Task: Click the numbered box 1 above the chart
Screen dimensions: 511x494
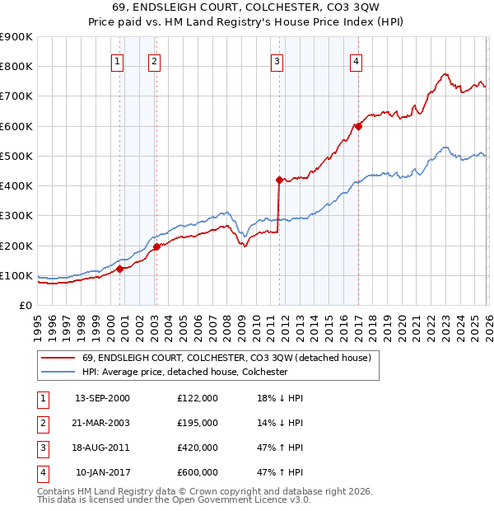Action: [117, 60]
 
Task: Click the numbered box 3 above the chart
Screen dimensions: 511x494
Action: [277, 60]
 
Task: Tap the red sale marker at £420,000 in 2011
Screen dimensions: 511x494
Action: [279, 179]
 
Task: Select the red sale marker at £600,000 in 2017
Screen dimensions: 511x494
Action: [358, 126]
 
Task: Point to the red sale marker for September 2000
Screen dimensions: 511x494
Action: [119, 268]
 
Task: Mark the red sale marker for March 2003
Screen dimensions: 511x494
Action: [156, 246]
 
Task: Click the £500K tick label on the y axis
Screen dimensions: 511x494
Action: [16, 156]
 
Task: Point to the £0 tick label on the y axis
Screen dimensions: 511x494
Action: [24, 305]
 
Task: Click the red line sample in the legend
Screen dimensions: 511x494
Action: [57, 358]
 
